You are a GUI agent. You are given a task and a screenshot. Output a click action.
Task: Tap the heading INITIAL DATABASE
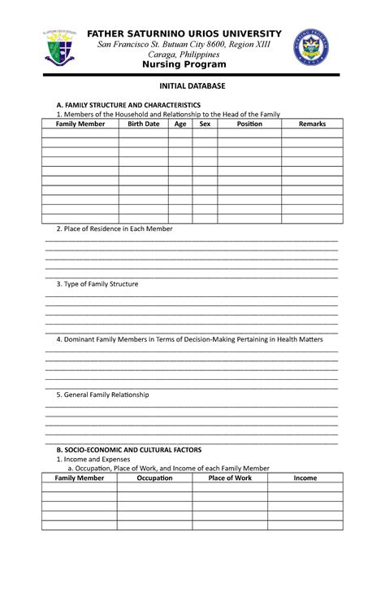(x=192, y=85)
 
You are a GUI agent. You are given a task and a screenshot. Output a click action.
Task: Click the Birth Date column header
(x=144, y=124)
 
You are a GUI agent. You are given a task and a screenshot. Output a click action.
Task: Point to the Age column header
(x=180, y=124)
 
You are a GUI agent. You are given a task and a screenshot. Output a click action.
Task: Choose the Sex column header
(x=205, y=124)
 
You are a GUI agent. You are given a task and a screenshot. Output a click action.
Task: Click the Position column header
(x=249, y=124)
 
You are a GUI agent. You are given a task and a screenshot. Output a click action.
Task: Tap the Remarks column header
(x=312, y=124)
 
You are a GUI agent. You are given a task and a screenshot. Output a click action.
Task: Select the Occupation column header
(x=154, y=478)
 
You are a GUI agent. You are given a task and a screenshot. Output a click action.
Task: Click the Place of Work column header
(x=230, y=478)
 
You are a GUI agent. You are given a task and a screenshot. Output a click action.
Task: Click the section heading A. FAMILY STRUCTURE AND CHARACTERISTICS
(x=128, y=106)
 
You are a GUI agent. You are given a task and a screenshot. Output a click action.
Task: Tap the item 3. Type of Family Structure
(x=97, y=285)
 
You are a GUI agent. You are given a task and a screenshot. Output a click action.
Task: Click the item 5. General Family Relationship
(x=102, y=395)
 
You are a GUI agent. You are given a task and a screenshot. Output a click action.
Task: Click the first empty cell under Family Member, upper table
(x=80, y=134)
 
